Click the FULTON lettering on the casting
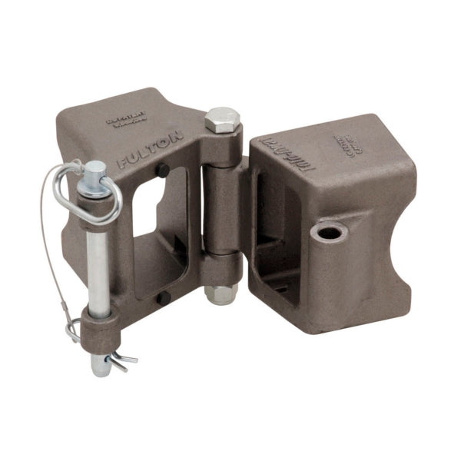(151, 151)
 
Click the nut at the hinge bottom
(220, 293)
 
